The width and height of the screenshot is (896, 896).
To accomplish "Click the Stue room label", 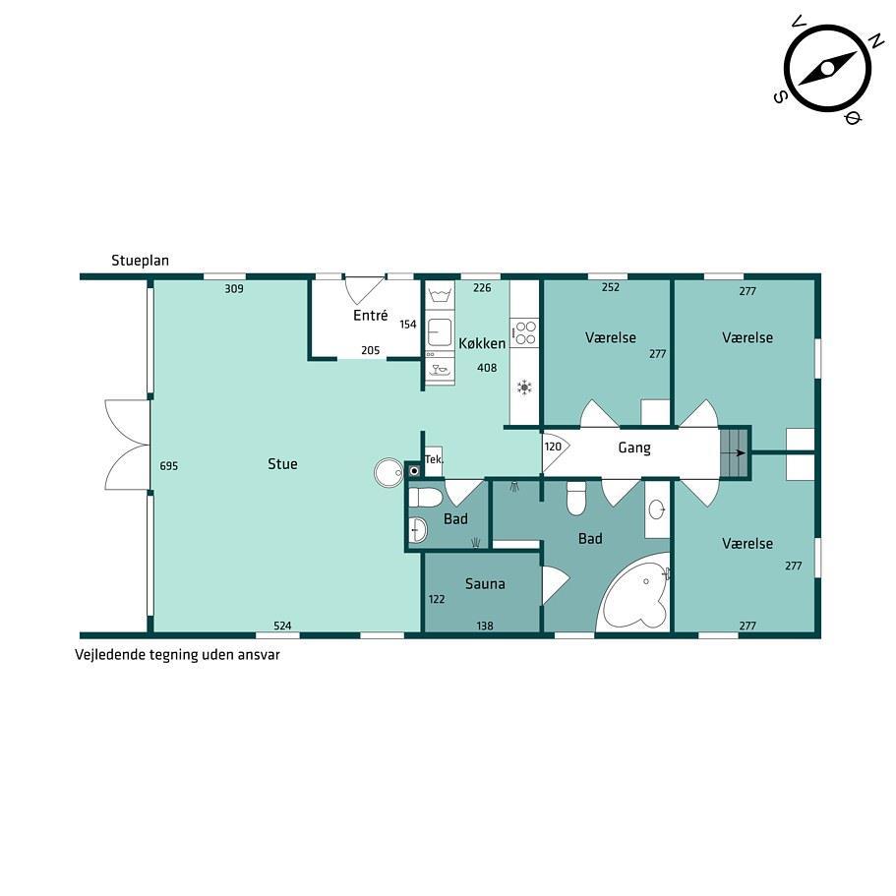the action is click(282, 463).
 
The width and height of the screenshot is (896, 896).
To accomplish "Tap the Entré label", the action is click(370, 315).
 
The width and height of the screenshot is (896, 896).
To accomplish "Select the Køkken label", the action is click(482, 343).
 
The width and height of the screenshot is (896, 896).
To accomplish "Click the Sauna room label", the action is click(485, 583).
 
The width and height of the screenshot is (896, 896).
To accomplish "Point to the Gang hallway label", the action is click(634, 448).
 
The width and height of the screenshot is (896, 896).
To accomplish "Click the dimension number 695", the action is click(168, 466).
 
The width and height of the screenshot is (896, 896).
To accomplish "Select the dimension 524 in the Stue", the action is click(282, 626).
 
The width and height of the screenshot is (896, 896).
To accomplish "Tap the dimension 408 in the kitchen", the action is click(487, 368).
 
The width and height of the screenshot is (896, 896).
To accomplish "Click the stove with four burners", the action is click(524, 332).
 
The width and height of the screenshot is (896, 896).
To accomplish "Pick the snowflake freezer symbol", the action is click(524, 388).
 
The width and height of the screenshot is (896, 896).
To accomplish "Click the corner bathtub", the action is click(633, 594).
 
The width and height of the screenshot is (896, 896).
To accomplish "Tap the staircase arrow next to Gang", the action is click(740, 453).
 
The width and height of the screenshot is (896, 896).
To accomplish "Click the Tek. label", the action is click(434, 459).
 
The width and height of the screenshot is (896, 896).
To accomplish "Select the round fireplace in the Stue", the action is click(388, 472).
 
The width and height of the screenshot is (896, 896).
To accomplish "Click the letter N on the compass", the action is click(875, 41).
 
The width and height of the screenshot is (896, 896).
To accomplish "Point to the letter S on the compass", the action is click(780, 97).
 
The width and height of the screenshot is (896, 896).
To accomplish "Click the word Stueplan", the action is click(140, 262).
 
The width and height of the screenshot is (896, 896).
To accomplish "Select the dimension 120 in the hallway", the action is click(553, 447).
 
